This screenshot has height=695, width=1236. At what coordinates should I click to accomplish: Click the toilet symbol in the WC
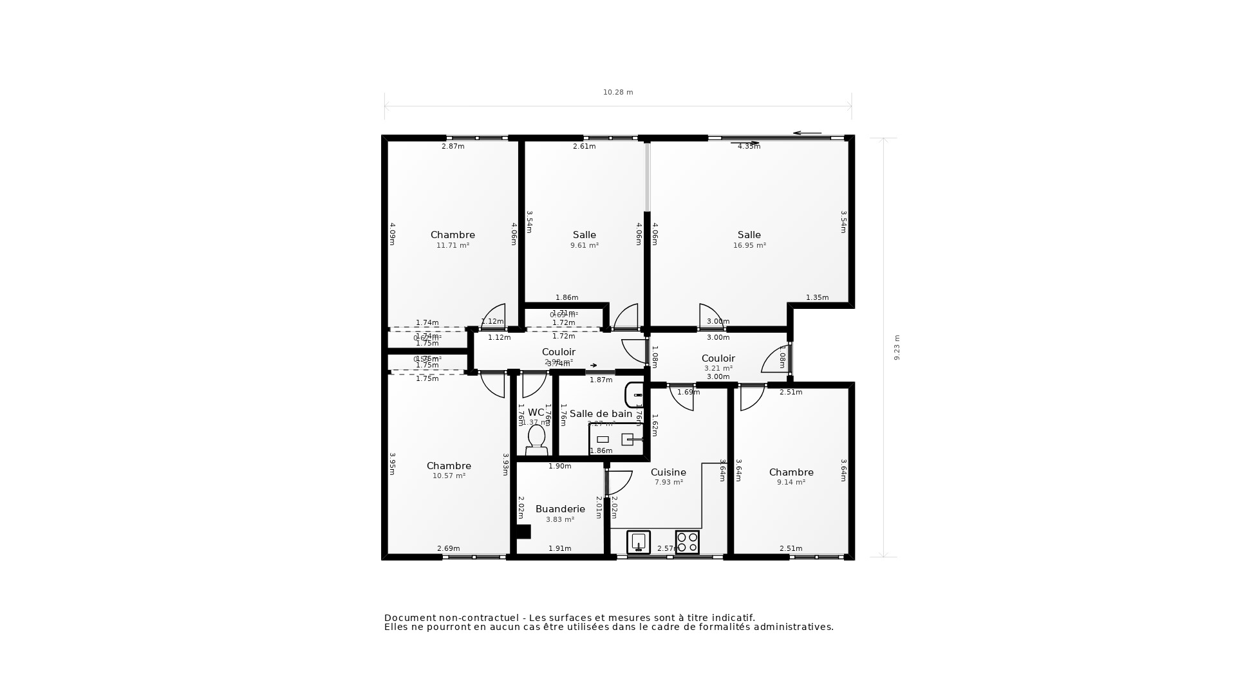click(x=536, y=440)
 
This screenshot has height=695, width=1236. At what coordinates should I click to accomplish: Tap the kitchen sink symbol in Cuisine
click(x=639, y=542)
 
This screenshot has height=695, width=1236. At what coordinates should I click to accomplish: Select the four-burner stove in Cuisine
click(x=687, y=542)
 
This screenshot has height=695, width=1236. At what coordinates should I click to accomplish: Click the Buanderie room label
click(x=560, y=509)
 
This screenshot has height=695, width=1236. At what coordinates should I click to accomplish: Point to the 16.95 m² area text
click(x=749, y=246)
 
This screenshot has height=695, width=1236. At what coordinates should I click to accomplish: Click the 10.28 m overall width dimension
click(x=618, y=93)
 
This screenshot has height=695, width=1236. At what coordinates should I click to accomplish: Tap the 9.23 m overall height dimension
click(x=897, y=347)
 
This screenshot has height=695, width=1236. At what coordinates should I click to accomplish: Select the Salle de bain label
click(x=601, y=414)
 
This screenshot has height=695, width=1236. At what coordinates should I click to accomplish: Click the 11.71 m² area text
click(x=453, y=246)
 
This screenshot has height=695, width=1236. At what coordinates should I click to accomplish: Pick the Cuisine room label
click(x=668, y=472)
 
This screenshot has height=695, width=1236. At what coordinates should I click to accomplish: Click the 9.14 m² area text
click(x=791, y=483)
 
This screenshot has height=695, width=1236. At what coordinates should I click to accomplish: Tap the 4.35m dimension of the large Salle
click(x=749, y=147)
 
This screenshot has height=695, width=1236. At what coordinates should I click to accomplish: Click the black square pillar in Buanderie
click(x=523, y=532)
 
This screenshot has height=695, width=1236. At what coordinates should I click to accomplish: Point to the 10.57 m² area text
click(x=449, y=476)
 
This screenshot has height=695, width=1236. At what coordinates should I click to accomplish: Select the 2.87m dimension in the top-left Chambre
click(x=453, y=147)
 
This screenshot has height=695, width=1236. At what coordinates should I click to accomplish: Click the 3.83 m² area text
click(x=560, y=520)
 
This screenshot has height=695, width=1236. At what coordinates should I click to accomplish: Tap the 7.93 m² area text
click(x=668, y=483)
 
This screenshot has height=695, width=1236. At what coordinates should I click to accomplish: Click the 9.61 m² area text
click(x=585, y=246)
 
